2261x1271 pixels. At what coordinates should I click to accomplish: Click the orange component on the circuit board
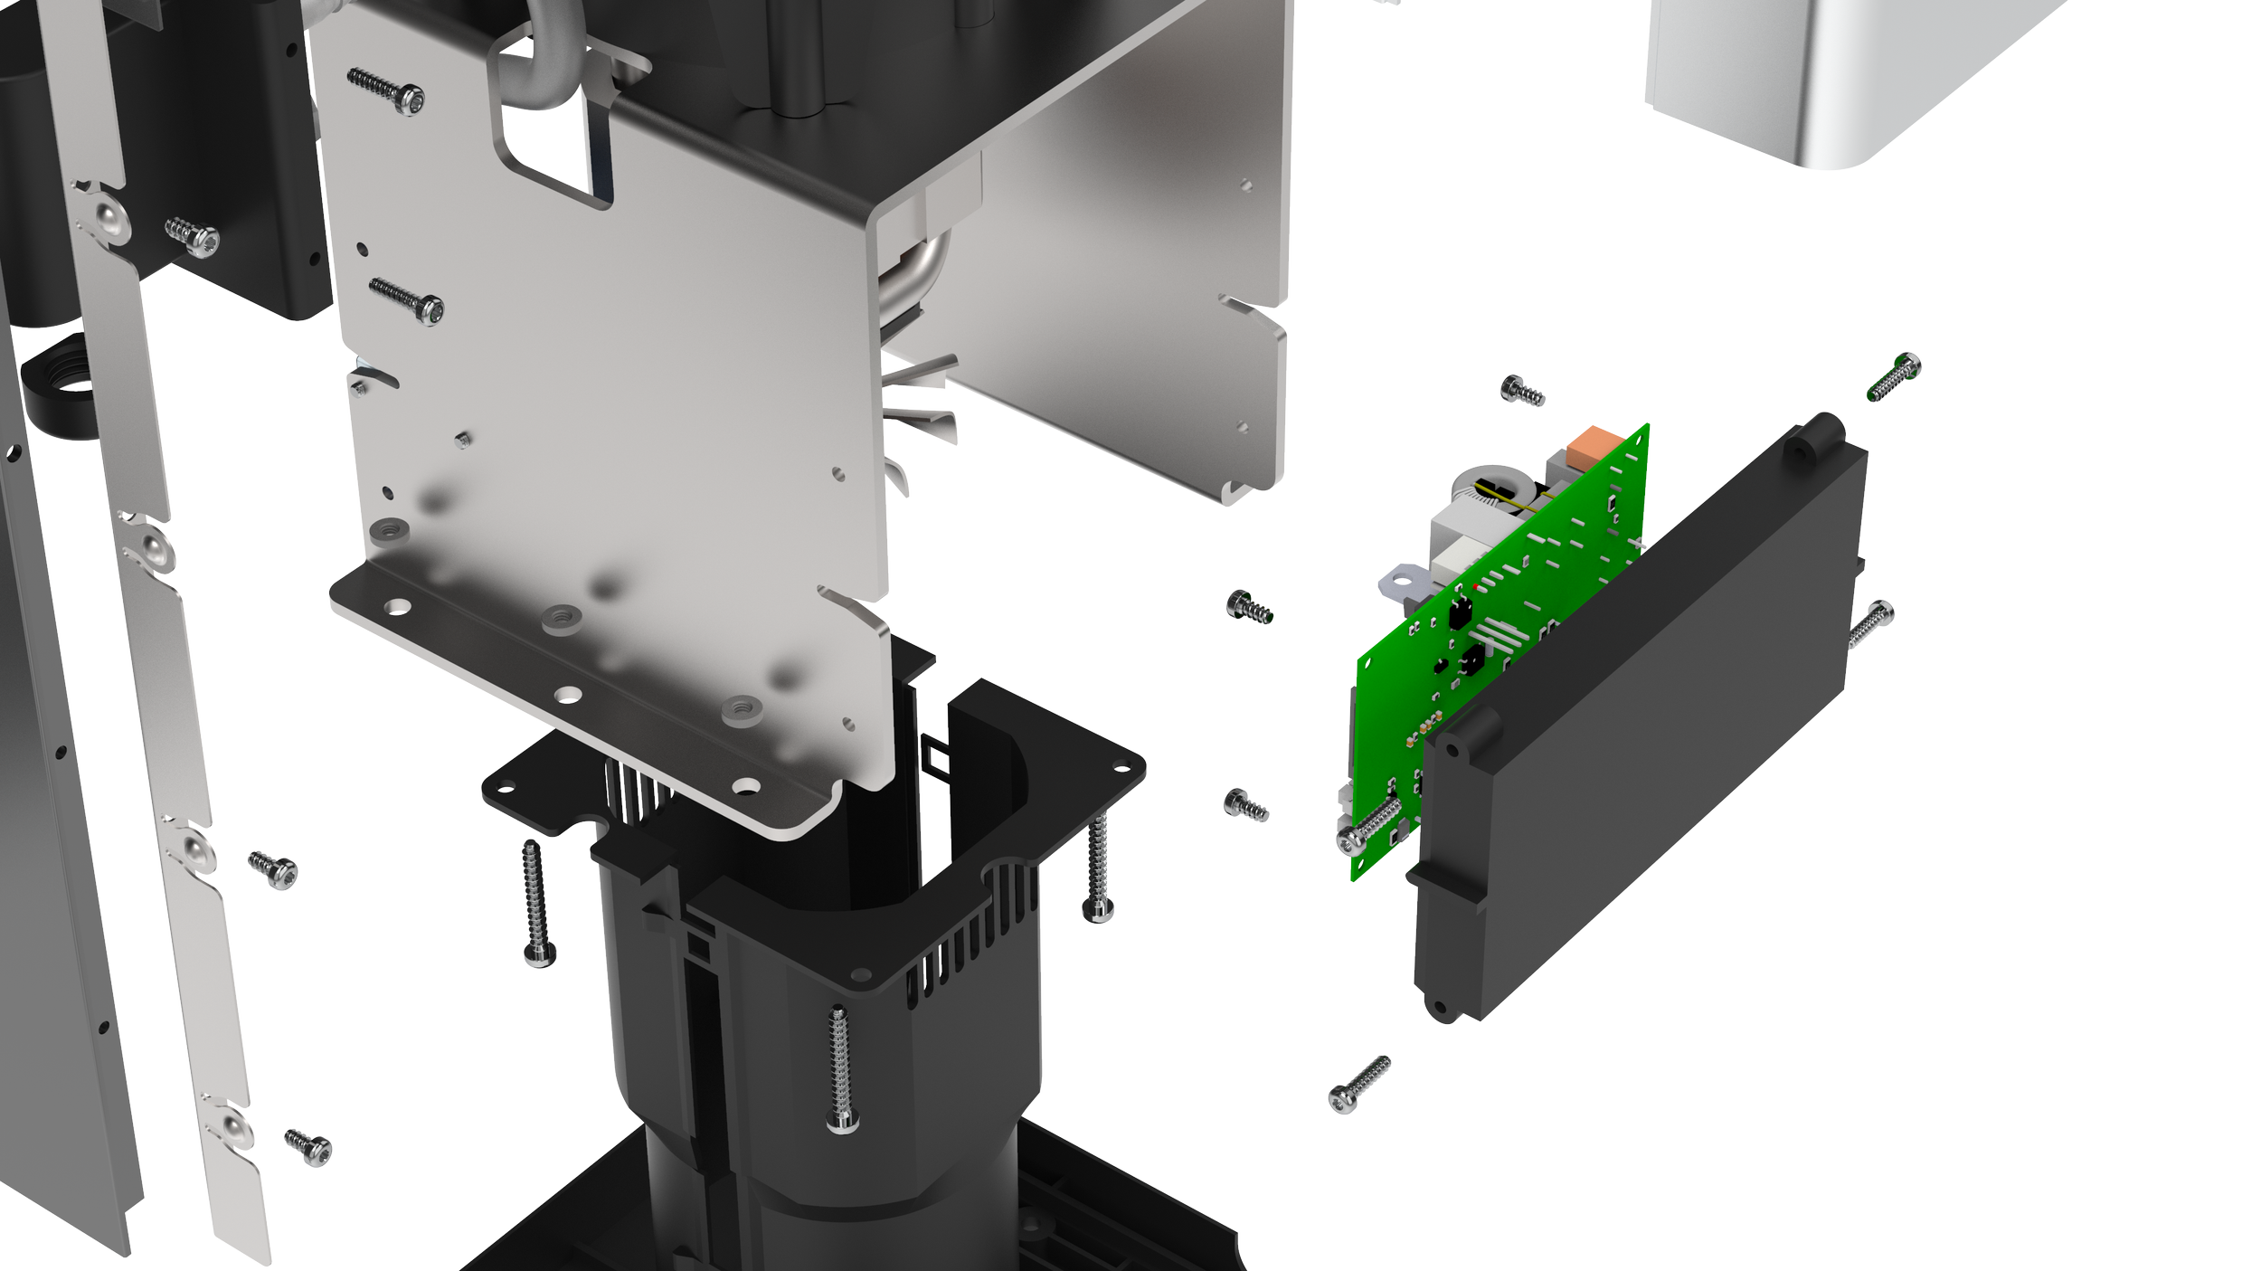coord(1590,447)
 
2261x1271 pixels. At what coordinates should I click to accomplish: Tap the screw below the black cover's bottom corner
coord(1358,1084)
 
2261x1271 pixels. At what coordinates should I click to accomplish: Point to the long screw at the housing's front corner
coord(840,1067)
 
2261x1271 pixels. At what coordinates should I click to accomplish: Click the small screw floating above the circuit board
coord(1522,391)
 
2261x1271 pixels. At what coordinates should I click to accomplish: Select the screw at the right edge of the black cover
coord(1870,624)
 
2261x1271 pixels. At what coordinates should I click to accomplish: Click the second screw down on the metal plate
coord(408,300)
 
